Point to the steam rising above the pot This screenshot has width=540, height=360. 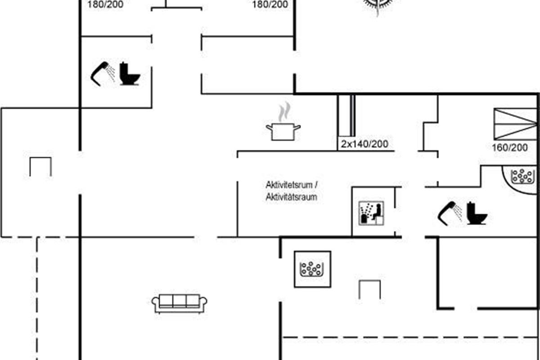[x=283, y=112]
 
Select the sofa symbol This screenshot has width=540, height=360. [x=180, y=303]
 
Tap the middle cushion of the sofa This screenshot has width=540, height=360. [x=180, y=301]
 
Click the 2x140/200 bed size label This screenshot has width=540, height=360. [x=364, y=144]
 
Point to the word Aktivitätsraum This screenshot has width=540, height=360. [x=292, y=197]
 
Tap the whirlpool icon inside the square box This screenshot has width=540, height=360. [x=312, y=269]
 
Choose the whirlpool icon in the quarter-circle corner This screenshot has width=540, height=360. [x=522, y=176]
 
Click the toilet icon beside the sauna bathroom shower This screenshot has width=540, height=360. [x=477, y=213]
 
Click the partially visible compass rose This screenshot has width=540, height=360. [x=378, y=5]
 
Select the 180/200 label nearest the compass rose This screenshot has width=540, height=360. [x=270, y=4]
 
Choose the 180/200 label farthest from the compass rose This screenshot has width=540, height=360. [x=105, y=4]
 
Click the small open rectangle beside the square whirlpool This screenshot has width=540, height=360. [x=369, y=289]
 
